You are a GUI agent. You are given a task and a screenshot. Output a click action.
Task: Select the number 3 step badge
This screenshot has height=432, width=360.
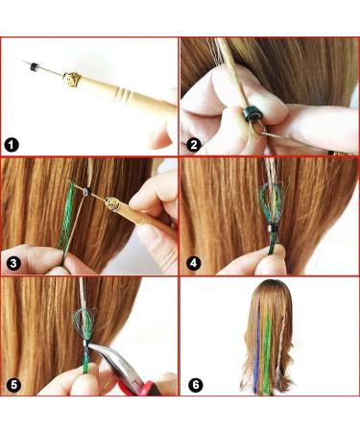click(12, 262)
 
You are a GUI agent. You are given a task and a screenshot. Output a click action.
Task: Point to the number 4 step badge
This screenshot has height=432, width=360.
click(193, 262)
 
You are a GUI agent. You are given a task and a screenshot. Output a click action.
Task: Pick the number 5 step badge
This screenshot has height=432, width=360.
click(12, 384)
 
